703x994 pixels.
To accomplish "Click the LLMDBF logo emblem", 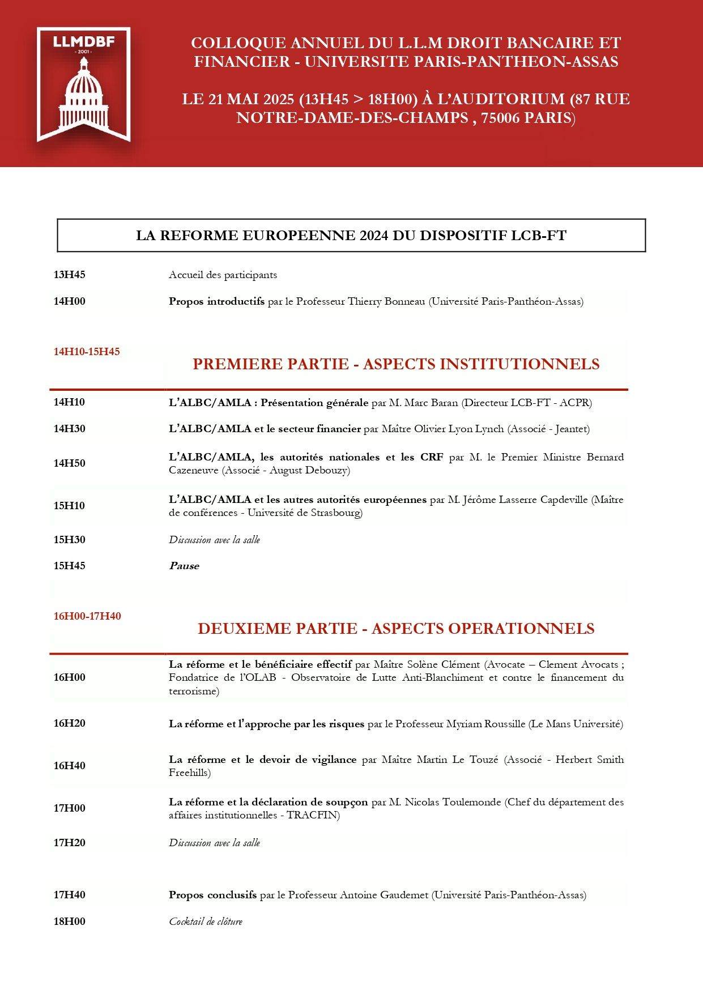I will tap(84, 84).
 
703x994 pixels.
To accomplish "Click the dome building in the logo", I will tap(84, 96).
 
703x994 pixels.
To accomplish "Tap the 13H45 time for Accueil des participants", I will tap(69, 275).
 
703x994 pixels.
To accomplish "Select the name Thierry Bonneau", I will tap(386, 301).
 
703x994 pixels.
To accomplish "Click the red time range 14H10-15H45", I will tap(87, 352).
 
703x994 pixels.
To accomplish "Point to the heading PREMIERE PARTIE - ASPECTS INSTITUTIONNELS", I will tap(396, 364).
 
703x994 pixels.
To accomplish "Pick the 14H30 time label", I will tap(69, 429).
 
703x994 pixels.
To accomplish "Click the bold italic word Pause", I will tap(184, 566).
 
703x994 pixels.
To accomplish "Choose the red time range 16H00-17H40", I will tap(87, 616).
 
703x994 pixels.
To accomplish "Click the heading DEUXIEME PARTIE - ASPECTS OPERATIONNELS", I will tap(396, 629).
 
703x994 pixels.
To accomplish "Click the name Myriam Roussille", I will tap(485, 724).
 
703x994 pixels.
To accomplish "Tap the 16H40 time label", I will tap(69, 766).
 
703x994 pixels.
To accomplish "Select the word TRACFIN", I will tap(313, 815).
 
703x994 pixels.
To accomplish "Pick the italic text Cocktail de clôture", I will tap(206, 922).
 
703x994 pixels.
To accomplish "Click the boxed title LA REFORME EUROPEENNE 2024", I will tap(351, 236).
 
